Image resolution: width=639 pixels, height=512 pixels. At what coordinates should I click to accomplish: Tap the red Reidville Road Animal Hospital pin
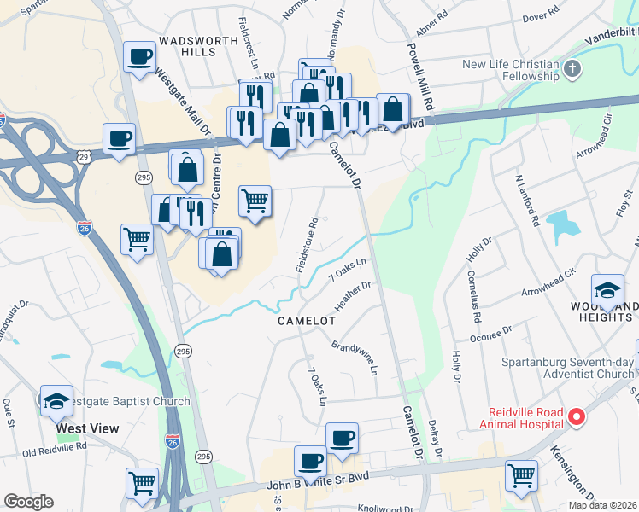coord(577,417)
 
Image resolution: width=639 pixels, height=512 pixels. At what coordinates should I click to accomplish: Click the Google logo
coord(28,502)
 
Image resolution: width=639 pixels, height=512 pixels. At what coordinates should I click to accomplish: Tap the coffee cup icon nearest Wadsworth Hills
coord(138,57)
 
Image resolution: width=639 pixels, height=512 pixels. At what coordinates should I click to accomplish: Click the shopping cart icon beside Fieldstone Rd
coord(255,201)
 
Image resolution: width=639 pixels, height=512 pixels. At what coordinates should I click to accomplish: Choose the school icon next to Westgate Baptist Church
coord(55,399)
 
